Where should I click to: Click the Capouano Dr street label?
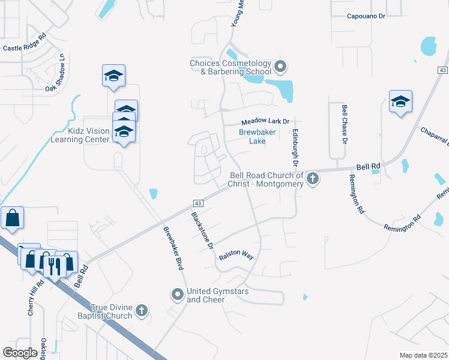tap(366, 16)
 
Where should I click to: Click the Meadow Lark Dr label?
tap(265, 121)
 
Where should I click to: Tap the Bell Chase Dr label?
tap(345, 125)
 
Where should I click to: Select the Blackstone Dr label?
tap(203, 231)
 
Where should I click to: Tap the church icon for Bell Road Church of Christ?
tap(313, 178)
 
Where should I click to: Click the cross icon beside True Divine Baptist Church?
tap(141, 310)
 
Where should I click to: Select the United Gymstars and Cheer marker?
tap(177, 294)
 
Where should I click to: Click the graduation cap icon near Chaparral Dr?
tap(400, 102)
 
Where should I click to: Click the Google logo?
tap(20, 353)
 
